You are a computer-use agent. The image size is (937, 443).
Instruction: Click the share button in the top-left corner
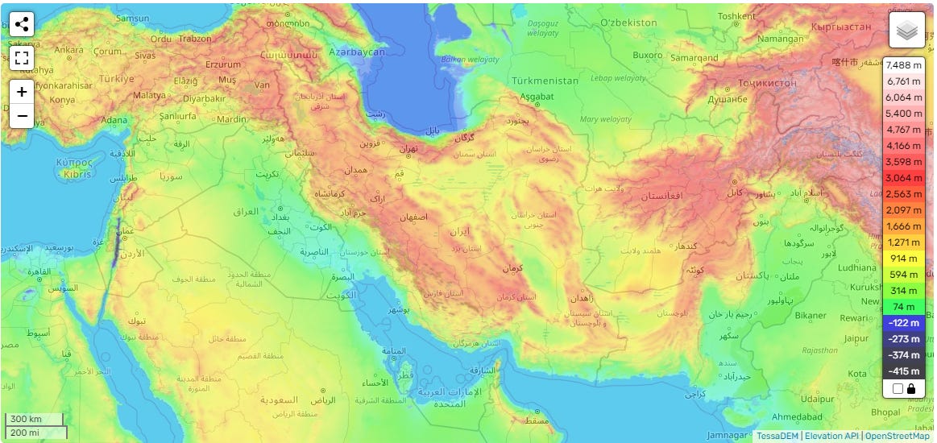tap(22, 24)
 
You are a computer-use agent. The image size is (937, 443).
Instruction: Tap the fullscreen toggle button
tap(22, 58)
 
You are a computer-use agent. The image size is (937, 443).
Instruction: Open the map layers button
tap(907, 31)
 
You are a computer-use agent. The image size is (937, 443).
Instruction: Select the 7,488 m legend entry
tap(903, 65)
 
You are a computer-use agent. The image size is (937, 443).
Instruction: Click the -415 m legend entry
tap(903, 371)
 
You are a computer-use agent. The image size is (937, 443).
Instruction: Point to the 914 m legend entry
tap(903, 259)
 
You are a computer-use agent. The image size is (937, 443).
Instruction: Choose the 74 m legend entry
tap(903, 307)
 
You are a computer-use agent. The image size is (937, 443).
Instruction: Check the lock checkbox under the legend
tap(898, 389)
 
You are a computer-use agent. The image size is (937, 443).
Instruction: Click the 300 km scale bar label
tap(24, 420)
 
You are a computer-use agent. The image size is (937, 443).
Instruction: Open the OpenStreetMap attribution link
tap(897, 436)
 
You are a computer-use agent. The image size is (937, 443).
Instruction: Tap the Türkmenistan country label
tap(545, 81)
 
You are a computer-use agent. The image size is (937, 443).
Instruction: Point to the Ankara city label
tap(68, 50)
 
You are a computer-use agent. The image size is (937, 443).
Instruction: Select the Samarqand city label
tap(694, 58)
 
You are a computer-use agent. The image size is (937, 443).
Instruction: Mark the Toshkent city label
tap(736, 16)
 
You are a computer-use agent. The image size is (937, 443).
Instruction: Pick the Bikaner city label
tap(810, 315)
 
